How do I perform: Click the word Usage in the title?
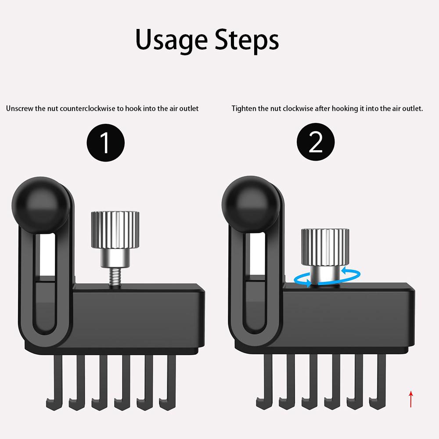point(171,40)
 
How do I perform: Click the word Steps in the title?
point(247,40)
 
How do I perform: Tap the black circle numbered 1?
point(105,143)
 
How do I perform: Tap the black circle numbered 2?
point(316,142)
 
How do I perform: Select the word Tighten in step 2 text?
point(244,108)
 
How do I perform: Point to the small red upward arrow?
point(411,399)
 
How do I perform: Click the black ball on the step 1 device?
point(40,205)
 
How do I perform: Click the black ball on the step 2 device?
point(251,205)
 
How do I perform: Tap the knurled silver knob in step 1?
point(115,230)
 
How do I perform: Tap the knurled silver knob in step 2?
point(325,247)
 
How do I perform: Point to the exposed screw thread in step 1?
point(115,276)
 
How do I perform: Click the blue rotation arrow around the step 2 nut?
point(327,277)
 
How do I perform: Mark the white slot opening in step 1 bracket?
point(47,254)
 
